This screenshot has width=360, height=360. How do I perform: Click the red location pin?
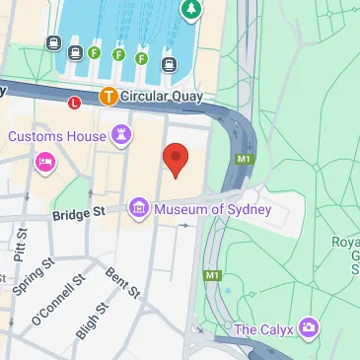pyautogui.click(x=175, y=159)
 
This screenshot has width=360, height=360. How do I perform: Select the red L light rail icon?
pyautogui.click(x=73, y=102)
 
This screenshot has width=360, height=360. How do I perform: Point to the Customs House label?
pyautogui.click(x=58, y=135)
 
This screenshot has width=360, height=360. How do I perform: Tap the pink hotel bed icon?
pyautogui.click(x=44, y=162)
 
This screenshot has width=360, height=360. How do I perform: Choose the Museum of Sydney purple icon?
pyautogui.click(x=139, y=207)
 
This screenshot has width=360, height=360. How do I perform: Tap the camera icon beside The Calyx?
pyautogui.click(x=311, y=326)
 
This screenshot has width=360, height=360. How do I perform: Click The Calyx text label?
pyautogui.click(x=264, y=327)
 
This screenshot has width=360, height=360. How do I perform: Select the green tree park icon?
pyautogui.click(x=190, y=9)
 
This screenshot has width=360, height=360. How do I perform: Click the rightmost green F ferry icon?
pyautogui.click(x=141, y=59)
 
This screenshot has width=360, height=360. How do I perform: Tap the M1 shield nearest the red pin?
pyautogui.click(x=244, y=160)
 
